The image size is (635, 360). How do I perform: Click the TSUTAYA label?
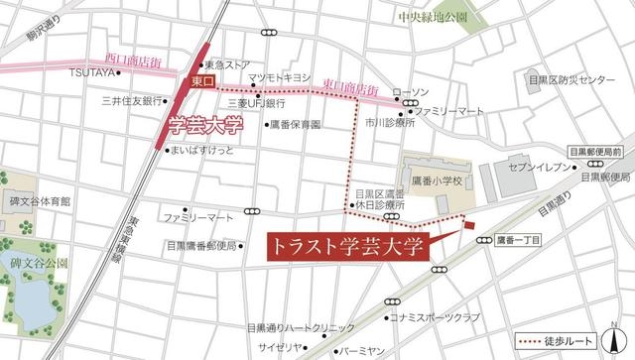tap(95, 71)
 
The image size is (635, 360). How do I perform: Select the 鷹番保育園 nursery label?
tap(295, 126)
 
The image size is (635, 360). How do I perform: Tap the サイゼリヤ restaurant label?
tap(278, 347)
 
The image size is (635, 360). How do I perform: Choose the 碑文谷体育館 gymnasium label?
tap(39, 200)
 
